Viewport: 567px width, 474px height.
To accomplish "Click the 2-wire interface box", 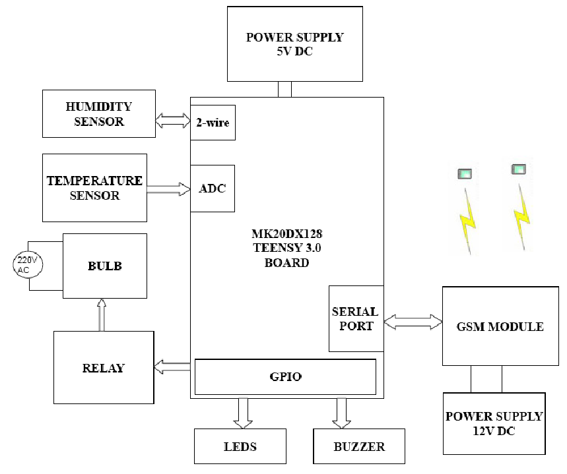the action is (x=213, y=123).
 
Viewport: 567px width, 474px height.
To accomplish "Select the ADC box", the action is (x=213, y=189).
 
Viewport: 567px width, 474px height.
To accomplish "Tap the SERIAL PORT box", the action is (x=356, y=318).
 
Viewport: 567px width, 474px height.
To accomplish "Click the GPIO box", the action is (x=285, y=377).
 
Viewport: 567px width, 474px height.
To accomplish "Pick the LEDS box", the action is (x=240, y=446).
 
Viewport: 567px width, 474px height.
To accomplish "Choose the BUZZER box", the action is (x=359, y=446).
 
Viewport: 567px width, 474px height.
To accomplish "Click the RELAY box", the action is (x=104, y=367).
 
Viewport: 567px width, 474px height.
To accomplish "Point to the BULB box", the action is (x=105, y=266).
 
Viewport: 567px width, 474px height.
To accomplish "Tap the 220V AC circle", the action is (x=28, y=265).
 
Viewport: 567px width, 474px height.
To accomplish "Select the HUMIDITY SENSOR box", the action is (x=99, y=114).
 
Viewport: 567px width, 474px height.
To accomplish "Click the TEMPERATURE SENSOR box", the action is (x=95, y=188).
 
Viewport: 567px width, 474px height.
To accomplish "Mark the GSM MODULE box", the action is (x=500, y=326).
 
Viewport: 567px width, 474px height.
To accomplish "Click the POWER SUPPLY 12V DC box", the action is (x=494, y=423).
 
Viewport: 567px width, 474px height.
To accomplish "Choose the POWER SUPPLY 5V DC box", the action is (x=295, y=44).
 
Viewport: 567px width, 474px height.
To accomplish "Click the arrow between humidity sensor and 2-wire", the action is (x=173, y=121).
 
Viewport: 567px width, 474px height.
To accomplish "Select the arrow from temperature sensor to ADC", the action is (x=168, y=189).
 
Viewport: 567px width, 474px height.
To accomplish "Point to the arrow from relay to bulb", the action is (x=102, y=314).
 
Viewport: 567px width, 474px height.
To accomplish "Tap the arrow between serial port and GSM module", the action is (x=413, y=322).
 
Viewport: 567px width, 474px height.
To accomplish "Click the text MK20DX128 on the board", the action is (x=286, y=234).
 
